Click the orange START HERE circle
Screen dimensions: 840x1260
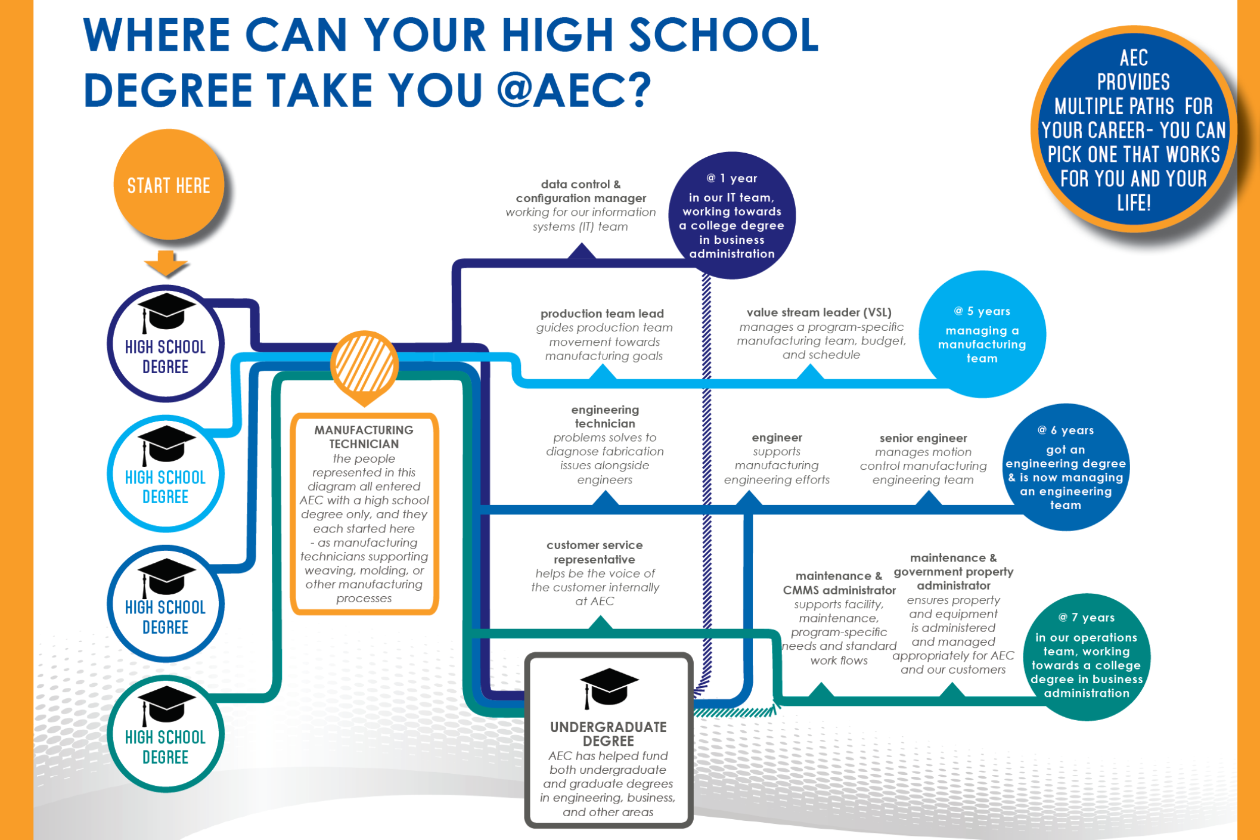coord(169,185)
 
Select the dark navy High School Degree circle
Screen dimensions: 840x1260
coord(166,344)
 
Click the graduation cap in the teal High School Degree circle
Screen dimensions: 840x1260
coord(166,705)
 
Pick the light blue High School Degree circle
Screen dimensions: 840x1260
coord(166,474)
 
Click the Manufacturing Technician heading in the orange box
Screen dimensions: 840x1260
coord(364,437)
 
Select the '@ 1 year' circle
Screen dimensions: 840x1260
coord(732,215)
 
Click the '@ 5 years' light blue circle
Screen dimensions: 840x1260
coord(982,334)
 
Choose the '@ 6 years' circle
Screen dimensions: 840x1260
coord(1065,468)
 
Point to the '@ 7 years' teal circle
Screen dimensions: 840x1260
coord(1086,656)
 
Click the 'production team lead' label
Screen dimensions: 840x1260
coord(602,314)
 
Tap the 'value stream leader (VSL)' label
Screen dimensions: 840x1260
coord(819,312)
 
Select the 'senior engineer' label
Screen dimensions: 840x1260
coord(923,438)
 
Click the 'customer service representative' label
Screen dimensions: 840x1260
coord(594,552)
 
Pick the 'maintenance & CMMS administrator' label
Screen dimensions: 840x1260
coord(839,583)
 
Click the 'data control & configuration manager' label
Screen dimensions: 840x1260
coord(581,191)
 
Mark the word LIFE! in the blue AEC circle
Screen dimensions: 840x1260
coord(1134,203)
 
